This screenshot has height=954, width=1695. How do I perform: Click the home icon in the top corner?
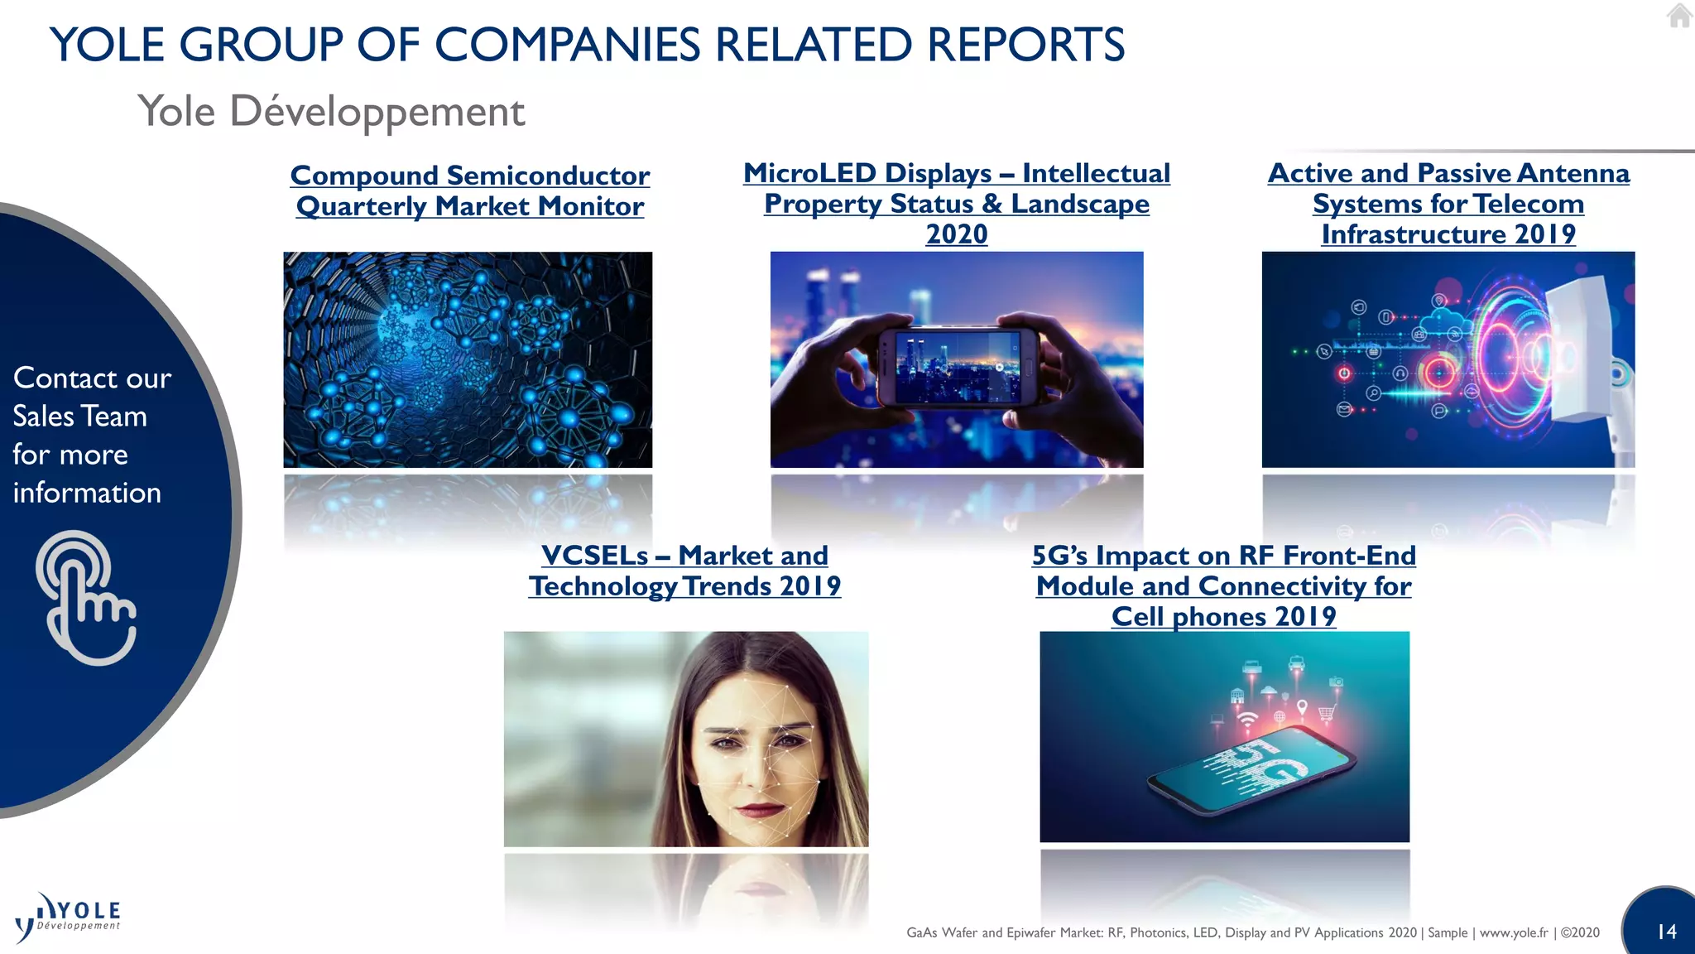[x=1679, y=16]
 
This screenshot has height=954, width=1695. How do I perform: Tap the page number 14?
[x=1666, y=932]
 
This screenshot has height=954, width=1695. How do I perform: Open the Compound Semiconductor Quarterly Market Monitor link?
[x=469, y=190]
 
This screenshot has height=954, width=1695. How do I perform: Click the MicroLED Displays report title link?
[x=956, y=188]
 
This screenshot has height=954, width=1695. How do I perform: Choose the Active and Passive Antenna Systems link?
[x=1448, y=203]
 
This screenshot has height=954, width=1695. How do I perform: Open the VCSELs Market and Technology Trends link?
[x=684, y=571]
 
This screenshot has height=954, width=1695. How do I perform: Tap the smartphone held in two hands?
[x=958, y=367]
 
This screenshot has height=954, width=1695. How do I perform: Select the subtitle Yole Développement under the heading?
[x=331, y=112]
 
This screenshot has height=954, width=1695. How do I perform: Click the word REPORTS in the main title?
[x=1025, y=45]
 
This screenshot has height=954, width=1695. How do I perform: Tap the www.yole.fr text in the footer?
[x=1513, y=932]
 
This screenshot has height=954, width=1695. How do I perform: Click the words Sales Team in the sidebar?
[x=80, y=417]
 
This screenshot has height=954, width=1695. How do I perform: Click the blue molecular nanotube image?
[x=468, y=359]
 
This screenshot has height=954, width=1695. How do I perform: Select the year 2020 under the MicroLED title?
[x=956, y=234]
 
